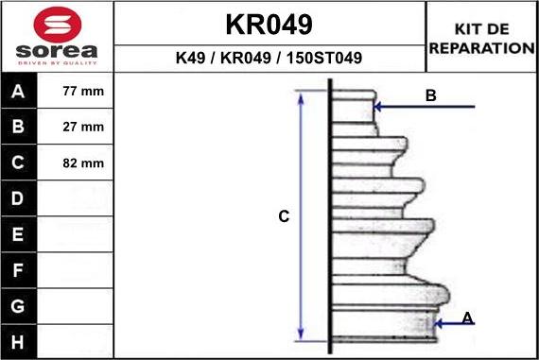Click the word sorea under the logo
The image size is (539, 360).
[x=57, y=51]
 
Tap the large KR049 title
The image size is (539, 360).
[x=269, y=25]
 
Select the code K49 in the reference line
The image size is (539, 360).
[x=190, y=58]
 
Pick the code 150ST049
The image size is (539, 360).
[x=324, y=58]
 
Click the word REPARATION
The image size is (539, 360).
[x=482, y=48]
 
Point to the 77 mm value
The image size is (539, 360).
[x=83, y=91]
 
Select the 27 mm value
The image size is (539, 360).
[x=83, y=127]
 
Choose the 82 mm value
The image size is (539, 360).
[x=83, y=163]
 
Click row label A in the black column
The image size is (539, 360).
[x=18, y=92]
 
